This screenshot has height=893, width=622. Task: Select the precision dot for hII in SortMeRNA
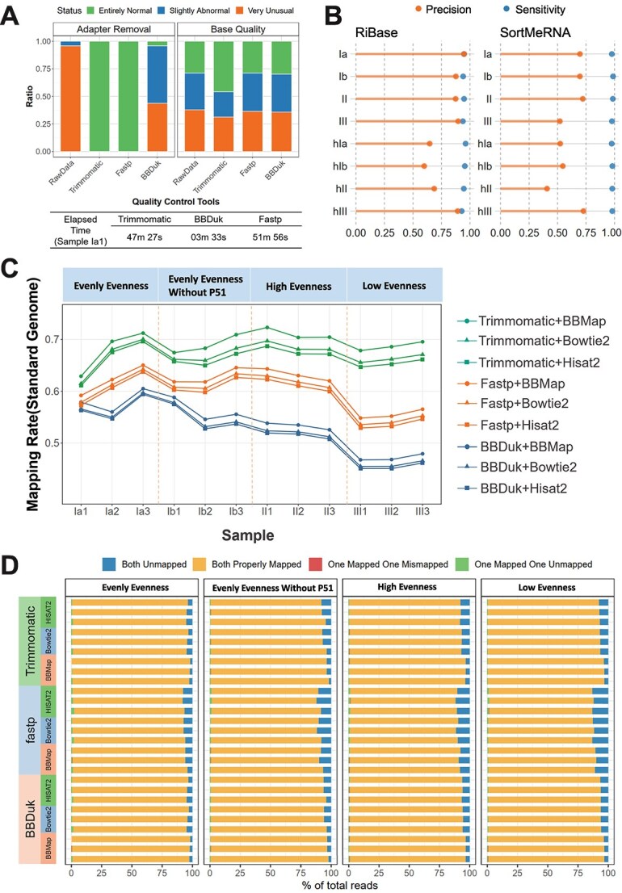(547, 188)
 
